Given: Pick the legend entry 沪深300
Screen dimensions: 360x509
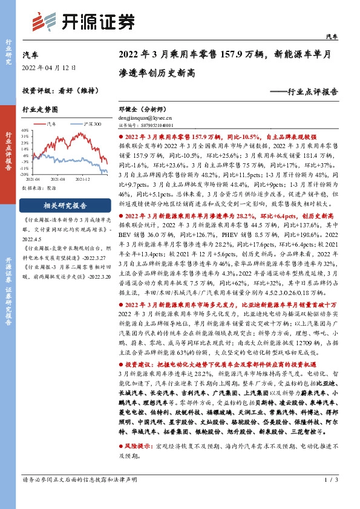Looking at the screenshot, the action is [91, 124].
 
